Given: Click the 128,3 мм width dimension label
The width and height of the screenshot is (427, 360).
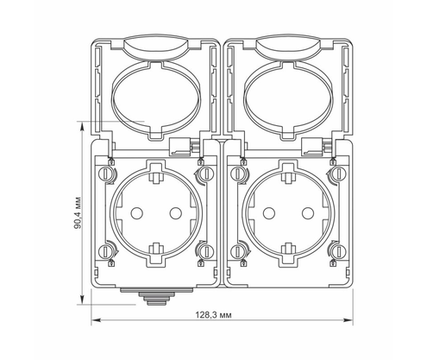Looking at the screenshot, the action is pyautogui.click(x=213, y=315).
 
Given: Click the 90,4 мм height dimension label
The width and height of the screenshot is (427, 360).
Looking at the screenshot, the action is pyautogui.click(x=77, y=213).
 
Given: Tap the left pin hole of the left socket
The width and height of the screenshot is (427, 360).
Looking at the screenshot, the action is pyautogui.click(x=136, y=213).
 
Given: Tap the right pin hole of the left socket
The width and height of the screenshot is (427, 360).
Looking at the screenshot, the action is pyautogui.click(x=175, y=213).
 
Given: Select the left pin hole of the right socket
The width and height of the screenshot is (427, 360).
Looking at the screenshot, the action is pyautogui.click(x=269, y=213).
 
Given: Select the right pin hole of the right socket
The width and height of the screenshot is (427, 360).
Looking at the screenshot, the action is pyautogui.click(x=308, y=213).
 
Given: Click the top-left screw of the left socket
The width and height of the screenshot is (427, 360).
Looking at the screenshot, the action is pyautogui.click(x=105, y=174).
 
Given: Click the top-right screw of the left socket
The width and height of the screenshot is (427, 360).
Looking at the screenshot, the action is pyautogui.click(x=206, y=174).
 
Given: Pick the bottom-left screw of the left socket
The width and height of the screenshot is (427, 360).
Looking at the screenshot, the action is pyautogui.click(x=105, y=252).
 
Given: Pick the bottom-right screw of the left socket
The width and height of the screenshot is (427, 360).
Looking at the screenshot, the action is pyautogui.click(x=206, y=252).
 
